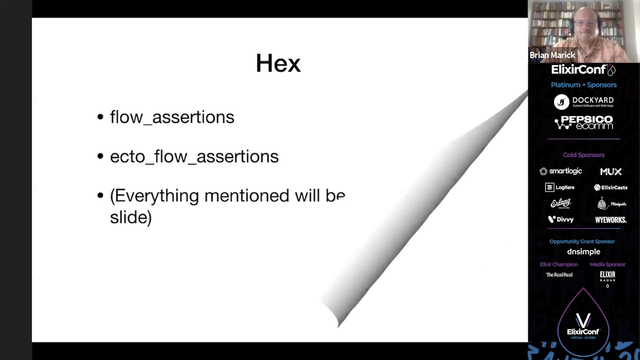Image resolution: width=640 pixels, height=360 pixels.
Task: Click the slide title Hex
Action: pos(278,63)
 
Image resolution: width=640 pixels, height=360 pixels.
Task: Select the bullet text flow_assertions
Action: pos(171,117)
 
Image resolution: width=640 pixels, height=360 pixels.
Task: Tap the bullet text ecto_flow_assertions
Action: pos(194,156)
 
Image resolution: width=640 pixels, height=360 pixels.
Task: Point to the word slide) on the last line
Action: pos(130,217)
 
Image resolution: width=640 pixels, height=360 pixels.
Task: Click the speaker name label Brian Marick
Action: pos(552,55)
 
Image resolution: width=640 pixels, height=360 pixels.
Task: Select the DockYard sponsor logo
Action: pos(583,101)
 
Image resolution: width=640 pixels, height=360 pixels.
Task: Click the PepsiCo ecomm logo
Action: pos(583,122)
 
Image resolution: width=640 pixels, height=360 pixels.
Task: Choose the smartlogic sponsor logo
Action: pos(560,171)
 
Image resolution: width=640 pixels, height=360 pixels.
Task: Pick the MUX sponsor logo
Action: pos(610,171)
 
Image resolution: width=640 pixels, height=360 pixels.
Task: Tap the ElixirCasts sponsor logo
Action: pos(610,187)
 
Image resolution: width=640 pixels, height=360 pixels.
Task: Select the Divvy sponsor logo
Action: pos(560,219)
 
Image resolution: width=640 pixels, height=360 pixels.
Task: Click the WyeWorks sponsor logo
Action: pos(610,219)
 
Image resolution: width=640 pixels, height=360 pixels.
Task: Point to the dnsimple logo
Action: pos(583,251)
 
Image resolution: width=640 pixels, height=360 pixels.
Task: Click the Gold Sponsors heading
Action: pos(583,155)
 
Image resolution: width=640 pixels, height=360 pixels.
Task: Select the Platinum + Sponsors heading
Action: pos(583,85)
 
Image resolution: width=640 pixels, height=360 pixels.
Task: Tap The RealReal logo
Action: pos(559,274)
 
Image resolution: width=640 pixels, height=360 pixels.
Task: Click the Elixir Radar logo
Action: pos(607,276)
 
